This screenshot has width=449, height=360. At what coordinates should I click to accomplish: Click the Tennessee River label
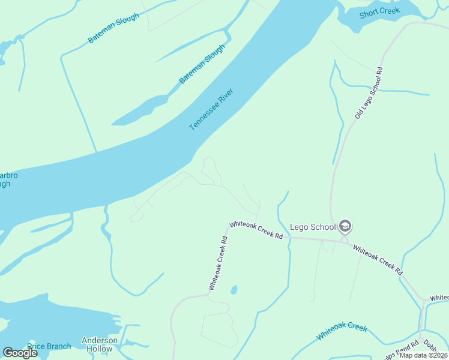(211, 110)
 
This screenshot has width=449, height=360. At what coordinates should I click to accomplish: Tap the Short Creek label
(379, 13)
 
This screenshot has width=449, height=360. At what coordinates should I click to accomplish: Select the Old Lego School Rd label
(368, 92)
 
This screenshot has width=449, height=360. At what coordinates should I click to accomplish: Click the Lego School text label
(312, 227)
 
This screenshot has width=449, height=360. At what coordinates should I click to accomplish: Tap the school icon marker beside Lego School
(345, 226)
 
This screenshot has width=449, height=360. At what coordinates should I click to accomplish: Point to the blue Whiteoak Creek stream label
(341, 331)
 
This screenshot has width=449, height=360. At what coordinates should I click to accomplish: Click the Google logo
(20, 353)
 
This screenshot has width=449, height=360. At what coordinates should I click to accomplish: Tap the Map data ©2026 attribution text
(424, 355)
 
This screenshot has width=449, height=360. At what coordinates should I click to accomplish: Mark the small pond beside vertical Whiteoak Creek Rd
(234, 290)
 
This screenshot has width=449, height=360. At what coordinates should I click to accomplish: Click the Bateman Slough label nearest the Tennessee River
(202, 64)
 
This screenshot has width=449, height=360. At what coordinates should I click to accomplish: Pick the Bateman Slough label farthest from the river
(113, 28)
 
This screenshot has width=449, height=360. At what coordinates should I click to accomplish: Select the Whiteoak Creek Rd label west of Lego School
(256, 229)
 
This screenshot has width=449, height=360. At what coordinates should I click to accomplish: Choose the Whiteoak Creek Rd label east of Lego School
(377, 259)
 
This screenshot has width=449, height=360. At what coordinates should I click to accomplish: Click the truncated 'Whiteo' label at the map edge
(438, 298)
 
